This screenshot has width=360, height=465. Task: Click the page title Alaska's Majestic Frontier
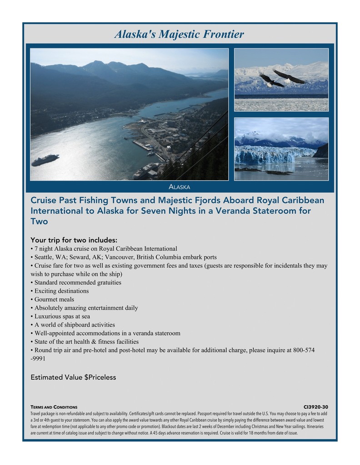tap(179, 34)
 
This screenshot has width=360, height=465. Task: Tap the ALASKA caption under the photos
tap(179, 187)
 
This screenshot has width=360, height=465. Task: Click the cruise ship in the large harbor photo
tap(45, 160)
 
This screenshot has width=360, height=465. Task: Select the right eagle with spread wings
tap(289, 76)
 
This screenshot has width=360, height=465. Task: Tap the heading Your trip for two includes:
tap(74, 240)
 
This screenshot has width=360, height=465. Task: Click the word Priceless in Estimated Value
tap(103, 377)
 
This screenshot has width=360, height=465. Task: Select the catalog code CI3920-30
tap(315, 407)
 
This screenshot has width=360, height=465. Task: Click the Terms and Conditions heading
tap(54, 407)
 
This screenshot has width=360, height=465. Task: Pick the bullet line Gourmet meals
tap(54, 299)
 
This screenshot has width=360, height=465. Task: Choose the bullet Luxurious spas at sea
tap(62, 316)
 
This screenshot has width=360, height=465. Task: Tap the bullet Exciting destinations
tap(61, 291)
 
